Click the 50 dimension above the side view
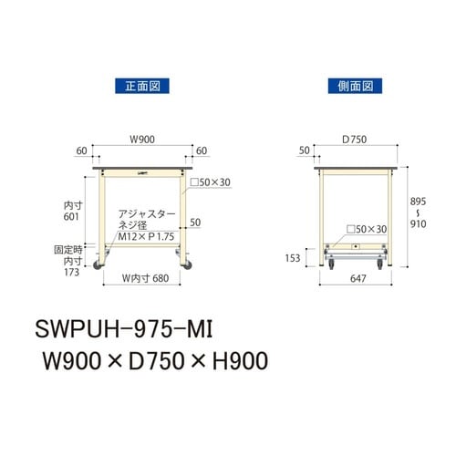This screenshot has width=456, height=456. [x=304, y=150]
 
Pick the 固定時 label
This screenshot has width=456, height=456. [x=69, y=248]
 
